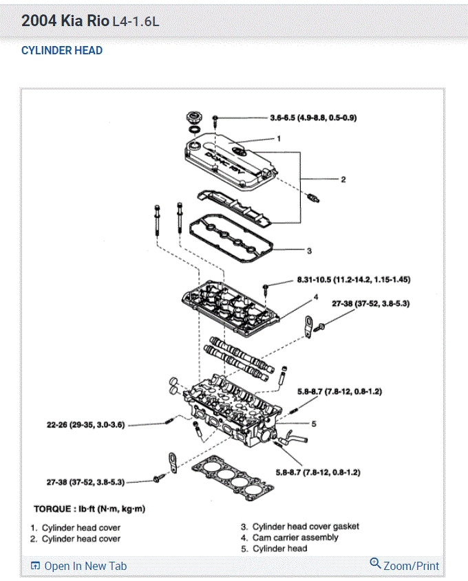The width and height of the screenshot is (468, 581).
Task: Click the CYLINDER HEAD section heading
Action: click(62, 51)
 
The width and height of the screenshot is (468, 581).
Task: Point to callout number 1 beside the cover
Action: click(279, 139)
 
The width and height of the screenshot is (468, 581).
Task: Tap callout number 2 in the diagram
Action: click(343, 180)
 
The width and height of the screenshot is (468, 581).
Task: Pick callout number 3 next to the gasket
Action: click(310, 251)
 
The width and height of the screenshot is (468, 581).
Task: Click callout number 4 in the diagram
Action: click(316, 297)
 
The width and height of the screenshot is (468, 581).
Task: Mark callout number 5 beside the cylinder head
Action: click(313, 424)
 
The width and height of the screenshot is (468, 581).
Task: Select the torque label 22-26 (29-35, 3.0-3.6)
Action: click(85, 425)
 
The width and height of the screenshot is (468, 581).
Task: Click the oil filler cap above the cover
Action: click(194, 118)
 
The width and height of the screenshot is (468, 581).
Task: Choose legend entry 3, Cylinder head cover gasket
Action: click(299, 527)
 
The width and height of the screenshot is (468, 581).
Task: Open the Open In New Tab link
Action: click(78, 566)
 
